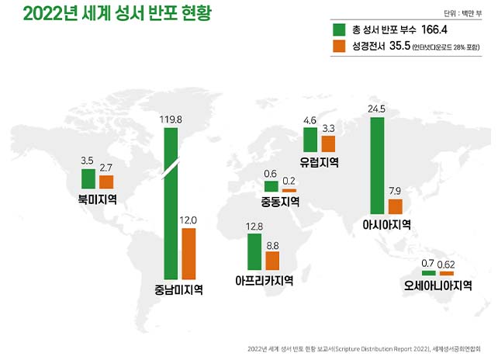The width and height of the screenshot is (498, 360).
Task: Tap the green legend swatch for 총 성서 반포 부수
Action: tap(338, 29)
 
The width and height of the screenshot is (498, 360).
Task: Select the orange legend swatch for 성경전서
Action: tap(338, 47)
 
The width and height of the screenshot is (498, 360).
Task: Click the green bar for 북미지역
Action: tap(88, 179)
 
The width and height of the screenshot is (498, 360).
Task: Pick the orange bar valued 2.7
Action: tap(106, 182)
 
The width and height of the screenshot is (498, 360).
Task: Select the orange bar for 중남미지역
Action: tap(188, 254)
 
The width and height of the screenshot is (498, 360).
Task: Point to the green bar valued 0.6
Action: tap(271, 186)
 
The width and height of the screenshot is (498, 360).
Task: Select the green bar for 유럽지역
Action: tap(310, 140)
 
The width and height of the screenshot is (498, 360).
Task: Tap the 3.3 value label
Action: tap(328, 128)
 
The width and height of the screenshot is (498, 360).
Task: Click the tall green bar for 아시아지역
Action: tap(378, 166)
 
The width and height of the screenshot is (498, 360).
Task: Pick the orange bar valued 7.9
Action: tap(396, 206)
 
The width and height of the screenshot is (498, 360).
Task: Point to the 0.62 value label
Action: tap(446, 265)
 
